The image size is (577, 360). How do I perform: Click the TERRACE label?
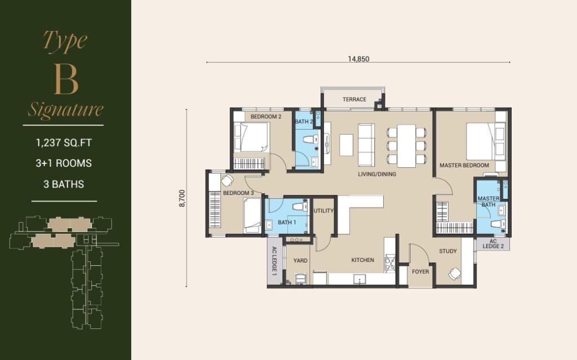click(354, 99)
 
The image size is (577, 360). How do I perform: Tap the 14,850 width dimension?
click(358, 59)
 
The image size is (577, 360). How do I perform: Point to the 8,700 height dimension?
click(182, 198)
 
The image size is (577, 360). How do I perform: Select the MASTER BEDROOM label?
click(464, 165)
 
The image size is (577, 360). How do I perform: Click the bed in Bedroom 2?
click(252, 137)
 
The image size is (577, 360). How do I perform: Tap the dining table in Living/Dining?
click(407, 146)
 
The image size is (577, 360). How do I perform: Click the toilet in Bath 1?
click(300, 206)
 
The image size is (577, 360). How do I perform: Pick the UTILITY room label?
click(323, 211)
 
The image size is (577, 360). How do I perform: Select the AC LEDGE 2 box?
click(493, 244)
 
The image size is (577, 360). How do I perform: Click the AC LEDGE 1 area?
click(274, 261)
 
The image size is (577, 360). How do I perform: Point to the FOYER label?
click(420, 272)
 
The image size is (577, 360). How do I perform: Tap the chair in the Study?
click(455, 273)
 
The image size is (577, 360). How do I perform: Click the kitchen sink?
click(359, 279)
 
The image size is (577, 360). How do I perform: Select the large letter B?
click(66, 79)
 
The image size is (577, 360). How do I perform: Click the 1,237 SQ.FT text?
click(64, 143)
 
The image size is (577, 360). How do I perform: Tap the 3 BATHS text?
click(64, 184)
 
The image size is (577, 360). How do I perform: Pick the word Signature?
click(65, 109)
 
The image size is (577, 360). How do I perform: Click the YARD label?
click(300, 261)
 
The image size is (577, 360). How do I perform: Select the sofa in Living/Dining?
click(366, 145)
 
